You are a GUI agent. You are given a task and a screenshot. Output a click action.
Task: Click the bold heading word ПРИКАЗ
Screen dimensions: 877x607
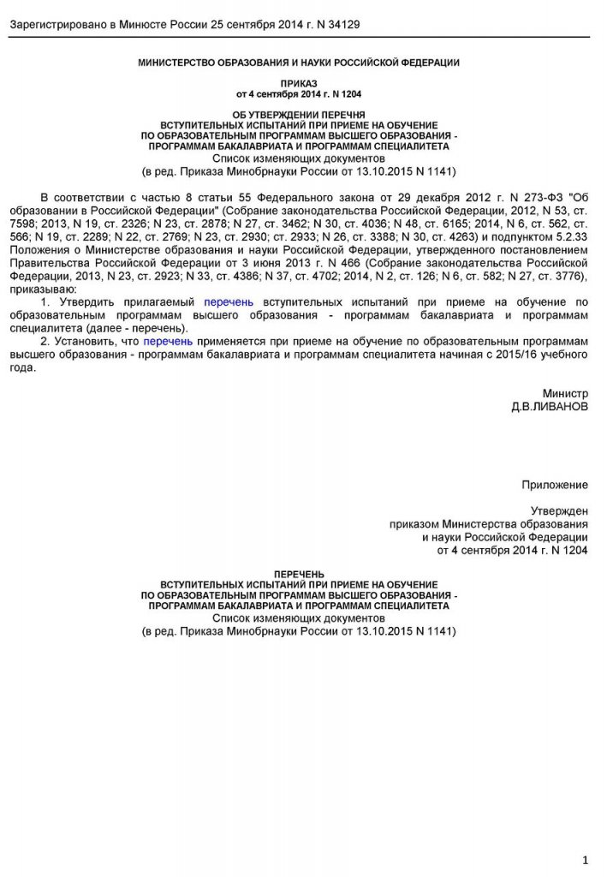[x=300, y=84]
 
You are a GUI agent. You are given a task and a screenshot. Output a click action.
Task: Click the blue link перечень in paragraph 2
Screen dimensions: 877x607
[x=169, y=341]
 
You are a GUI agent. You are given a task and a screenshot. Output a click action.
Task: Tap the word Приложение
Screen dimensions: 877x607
[x=555, y=485]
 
